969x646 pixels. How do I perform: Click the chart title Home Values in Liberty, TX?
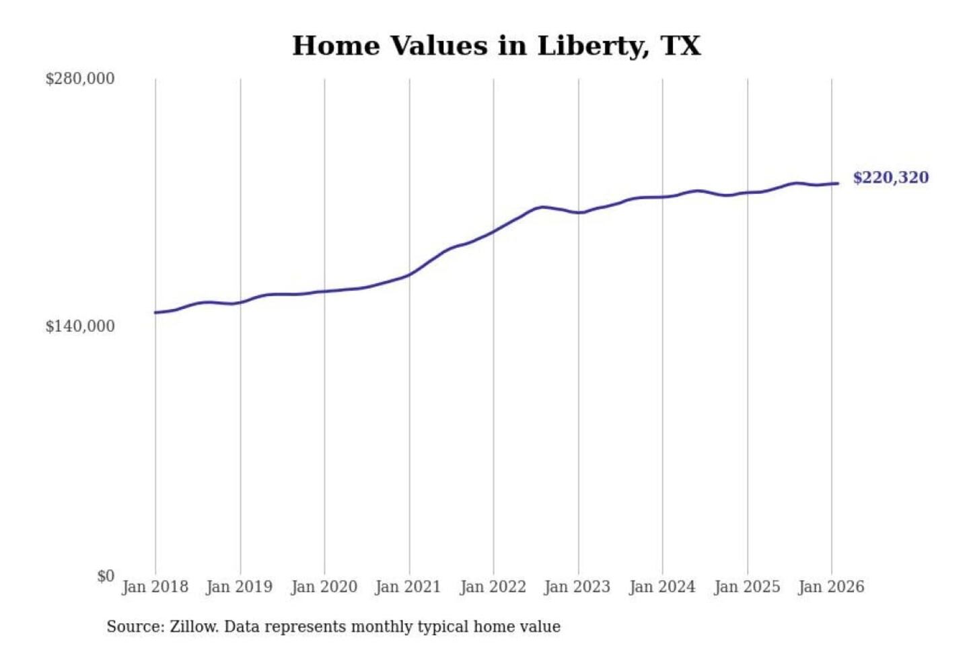point(496,46)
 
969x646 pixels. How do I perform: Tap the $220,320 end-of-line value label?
point(890,178)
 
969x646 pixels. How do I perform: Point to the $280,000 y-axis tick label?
point(79,79)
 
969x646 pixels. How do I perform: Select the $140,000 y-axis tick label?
point(79,326)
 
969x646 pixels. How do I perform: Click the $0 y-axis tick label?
point(105,576)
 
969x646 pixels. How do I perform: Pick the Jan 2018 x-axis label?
point(155,587)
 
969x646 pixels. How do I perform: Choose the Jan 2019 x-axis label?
point(239,587)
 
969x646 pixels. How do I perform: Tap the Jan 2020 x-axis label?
point(324,587)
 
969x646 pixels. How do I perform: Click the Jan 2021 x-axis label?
point(408,587)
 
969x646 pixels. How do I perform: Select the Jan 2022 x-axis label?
point(493,587)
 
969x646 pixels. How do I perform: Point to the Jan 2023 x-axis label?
point(577,587)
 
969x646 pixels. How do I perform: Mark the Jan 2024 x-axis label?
point(661,587)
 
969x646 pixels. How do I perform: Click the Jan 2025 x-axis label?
point(746,587)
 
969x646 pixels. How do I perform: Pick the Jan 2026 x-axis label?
point(830,587)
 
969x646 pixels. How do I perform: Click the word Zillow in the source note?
point(193,627)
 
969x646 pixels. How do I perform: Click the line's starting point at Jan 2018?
point(155,312)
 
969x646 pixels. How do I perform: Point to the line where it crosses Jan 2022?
point(493,232)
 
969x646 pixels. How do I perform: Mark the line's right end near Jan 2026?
point(838,183)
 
